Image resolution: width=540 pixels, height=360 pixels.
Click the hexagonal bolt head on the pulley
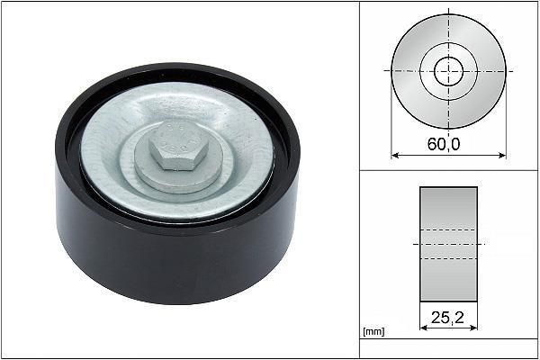(179, 145)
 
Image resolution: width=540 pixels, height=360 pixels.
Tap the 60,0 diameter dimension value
(444, 144)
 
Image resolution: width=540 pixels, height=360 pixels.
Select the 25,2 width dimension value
(447, 318)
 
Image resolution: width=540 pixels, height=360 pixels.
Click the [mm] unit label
(373, 331)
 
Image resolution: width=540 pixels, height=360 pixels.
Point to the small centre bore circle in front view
(449, 58)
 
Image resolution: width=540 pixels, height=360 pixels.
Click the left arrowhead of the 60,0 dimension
(395, 156)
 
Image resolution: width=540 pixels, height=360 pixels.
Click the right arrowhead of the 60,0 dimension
(502, 156)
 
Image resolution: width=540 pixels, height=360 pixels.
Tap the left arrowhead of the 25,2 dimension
(424, 328)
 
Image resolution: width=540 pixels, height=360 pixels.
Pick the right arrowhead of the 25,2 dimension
(473, 328)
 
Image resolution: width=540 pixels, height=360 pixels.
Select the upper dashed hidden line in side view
(448, 229)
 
